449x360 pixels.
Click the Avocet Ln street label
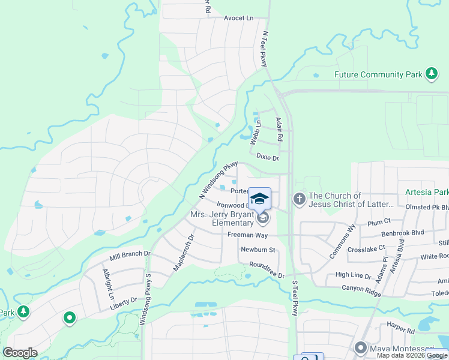pos(238,18)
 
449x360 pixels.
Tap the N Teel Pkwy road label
pos(263,50)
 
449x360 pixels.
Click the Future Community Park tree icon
pos(431,74)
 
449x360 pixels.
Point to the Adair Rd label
pos(278,129)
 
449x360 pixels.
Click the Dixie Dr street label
pos(268,157)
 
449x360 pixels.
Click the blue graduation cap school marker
pos(260,199)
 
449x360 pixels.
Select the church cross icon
pos(300,199)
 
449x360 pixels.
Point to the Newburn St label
pos(258,249)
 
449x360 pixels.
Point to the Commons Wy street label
pos(342,241)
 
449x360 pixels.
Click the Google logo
pos(20,353)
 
